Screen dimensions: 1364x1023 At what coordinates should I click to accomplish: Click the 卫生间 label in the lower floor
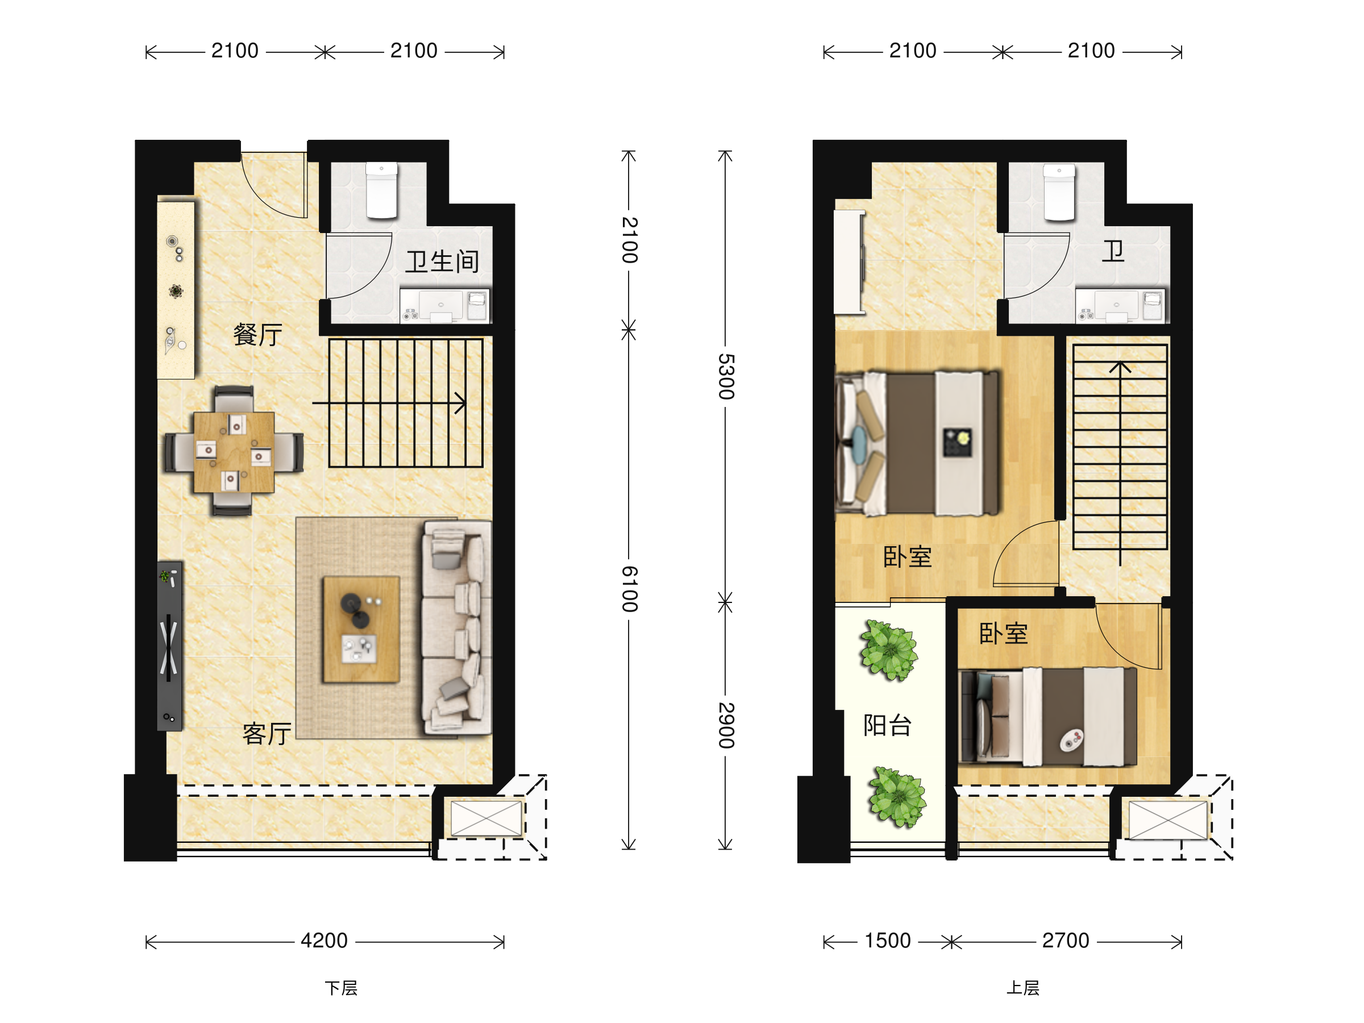coord(442,261)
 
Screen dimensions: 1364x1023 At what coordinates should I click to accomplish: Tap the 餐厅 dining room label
coord(258,335)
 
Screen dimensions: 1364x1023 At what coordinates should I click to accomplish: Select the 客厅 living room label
coord(267,734)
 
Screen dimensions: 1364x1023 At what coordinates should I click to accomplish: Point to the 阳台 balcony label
coord(887,725)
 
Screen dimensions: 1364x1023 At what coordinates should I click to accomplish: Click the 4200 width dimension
coord(325,941)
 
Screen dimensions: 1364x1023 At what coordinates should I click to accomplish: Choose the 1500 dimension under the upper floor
coord(887,941)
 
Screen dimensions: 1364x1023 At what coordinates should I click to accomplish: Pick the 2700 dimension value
coord(1066,941)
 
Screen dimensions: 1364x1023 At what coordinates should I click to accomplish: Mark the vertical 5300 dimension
coord(726,377)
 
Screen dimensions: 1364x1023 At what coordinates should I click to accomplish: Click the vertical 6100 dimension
coord(630,589)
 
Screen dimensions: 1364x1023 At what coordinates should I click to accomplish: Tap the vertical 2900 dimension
coord(726,725)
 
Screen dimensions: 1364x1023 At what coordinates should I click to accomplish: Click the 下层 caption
coord(341,988)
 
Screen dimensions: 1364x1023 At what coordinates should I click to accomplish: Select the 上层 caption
coord(1023,988)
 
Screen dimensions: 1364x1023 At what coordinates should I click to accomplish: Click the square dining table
coord(234,452)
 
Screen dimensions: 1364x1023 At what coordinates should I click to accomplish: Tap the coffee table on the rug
coord(361,630)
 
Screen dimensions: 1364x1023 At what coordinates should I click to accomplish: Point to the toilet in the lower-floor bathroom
coord(382,190)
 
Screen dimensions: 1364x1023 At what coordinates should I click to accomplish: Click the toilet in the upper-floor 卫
coord(1059,192)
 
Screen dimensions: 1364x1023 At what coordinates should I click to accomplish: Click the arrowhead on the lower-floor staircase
coord(460,404)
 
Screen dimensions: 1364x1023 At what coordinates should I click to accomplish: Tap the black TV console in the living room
coord(169,646)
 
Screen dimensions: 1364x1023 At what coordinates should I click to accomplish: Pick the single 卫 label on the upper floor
coord(1113,252)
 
